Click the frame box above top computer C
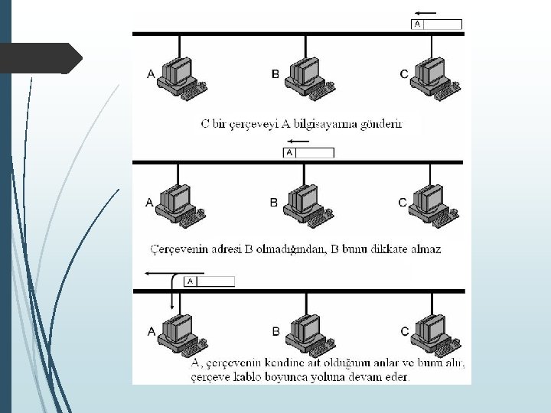(437, 24)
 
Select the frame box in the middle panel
(309, 153)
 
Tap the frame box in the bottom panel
(209, 281)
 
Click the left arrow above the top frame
(425, 13)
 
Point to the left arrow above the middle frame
(295, 142)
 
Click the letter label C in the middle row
(403, 203)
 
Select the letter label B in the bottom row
(275, 331)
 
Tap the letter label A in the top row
(151, 74)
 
